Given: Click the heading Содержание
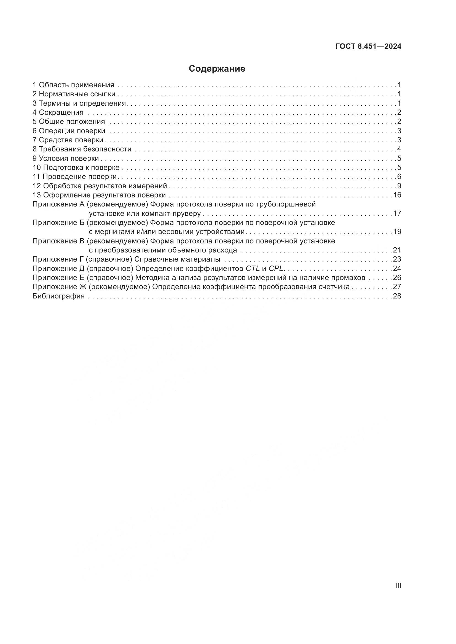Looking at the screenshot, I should click(x=217, y=69).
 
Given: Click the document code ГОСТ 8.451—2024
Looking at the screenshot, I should click(x=368, y=47).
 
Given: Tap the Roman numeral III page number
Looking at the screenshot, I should click(x=398, y=586).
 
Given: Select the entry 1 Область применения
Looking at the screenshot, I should click(x=73, y=85).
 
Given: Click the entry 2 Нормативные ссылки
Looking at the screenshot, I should click(x=74, y=94).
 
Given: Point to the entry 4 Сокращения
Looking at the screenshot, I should click(x=58, y=113).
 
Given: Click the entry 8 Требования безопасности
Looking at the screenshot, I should click(x=82, y=149).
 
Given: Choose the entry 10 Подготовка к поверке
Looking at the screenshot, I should click(x=76, y=167).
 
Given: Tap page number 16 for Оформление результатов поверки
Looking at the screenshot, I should click(x=397, y=195).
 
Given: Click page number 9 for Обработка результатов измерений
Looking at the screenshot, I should click(x=399, y=186).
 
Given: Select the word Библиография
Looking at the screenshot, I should click(x=58, y=296).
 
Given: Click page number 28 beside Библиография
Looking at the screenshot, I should click(x=397, y=296).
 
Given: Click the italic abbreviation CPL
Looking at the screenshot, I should click(x=276, y=268).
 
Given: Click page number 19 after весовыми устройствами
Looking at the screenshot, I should click(x=397, y=232).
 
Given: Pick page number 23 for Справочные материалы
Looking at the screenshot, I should click(x=397, y=259).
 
